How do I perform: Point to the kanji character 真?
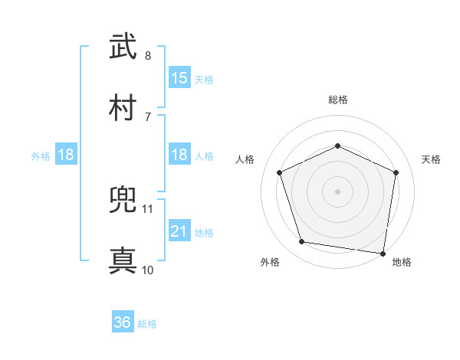coord(123,260)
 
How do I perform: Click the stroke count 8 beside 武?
coord(148,56)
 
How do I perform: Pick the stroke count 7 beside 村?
coord(148,116)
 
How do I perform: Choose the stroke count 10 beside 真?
coord(148,270)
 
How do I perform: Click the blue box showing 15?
coord(179,78)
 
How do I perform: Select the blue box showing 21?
coord(179,231)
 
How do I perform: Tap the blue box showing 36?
coord(123,322)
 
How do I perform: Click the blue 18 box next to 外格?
coord(66,155)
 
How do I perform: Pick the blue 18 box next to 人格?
coord(179,155)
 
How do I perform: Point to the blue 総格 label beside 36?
coord(147,324)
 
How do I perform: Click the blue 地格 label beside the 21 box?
coord(204,232)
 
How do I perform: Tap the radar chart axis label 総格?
coord(338,100)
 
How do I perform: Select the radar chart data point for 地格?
coord(383,253)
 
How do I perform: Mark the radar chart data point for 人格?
coord(280,172)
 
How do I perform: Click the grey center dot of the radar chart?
coord(338,191)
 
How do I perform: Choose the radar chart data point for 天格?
coord(396,172)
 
